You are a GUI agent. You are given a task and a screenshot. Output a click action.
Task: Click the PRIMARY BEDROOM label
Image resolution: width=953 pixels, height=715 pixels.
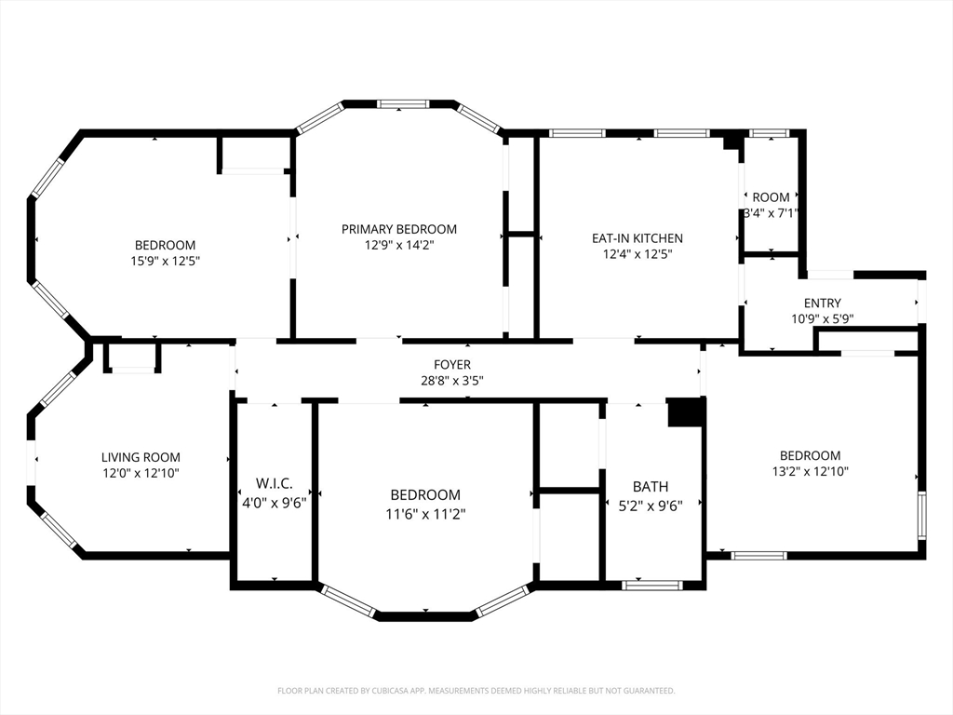[398, 229]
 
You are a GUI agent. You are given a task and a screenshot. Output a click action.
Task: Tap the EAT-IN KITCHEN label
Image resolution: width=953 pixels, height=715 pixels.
[637, 238]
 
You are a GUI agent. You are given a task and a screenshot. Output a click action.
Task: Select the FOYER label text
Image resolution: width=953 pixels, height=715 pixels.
[452, 365]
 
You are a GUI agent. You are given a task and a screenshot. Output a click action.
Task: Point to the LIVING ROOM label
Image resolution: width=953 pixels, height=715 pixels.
[141, 457]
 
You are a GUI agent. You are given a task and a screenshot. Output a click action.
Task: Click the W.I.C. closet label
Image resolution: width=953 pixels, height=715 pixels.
[275, 483]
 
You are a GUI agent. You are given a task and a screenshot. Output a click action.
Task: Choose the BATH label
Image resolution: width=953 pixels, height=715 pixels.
[651, 486]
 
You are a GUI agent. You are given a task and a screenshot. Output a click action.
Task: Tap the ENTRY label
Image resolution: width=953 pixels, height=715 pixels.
[823, 303]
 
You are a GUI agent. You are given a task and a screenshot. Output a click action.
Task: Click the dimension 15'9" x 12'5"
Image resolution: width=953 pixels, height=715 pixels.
[165, 261]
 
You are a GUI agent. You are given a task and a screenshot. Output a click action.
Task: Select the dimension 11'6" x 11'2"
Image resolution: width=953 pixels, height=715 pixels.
[425, 514]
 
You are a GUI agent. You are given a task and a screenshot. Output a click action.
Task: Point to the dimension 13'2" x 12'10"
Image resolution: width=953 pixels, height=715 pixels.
[811, 471]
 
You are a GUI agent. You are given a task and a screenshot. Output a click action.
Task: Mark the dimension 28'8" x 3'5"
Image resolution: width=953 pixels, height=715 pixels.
[452, 381]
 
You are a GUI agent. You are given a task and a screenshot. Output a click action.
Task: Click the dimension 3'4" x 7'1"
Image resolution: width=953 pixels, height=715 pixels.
[771, 213]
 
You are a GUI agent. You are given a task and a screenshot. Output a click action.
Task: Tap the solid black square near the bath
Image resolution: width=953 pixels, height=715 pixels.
[686, 412]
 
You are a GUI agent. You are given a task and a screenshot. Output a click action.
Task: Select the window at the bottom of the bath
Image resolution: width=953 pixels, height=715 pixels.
[651, 585]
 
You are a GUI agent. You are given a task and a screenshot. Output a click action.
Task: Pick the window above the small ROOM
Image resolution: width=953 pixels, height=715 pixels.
[769, 133]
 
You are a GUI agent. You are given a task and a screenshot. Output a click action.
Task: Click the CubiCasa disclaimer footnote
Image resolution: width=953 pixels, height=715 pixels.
[476, 691]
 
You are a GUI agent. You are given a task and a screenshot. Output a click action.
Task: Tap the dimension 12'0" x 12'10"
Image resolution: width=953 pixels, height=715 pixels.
[141, 473]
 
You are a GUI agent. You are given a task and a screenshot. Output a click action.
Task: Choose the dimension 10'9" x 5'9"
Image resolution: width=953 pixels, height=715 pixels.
[823, 318]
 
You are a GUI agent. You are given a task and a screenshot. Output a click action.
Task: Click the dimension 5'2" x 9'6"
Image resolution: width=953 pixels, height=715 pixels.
[651, 506]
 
